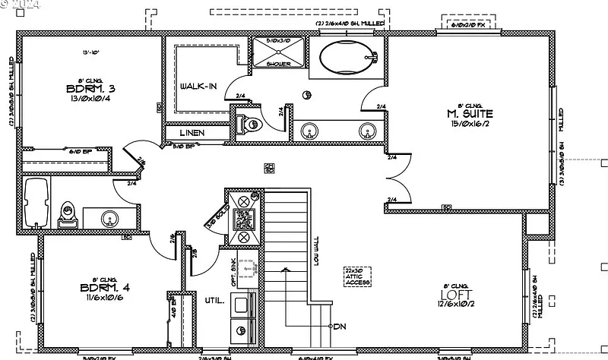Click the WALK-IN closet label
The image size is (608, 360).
198,86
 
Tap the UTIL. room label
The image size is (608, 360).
215,301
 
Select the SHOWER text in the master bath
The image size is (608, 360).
279,64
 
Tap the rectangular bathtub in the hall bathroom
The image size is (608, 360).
36,203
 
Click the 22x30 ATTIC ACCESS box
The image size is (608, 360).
357,276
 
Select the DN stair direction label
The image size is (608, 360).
340,327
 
